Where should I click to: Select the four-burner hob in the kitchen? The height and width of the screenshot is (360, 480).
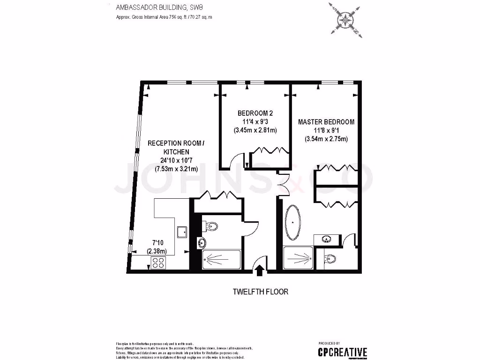157,262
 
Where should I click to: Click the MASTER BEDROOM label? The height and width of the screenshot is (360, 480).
326,122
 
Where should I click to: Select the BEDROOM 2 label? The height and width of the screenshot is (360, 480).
255,113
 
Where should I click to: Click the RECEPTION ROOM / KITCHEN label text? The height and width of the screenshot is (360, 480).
176,148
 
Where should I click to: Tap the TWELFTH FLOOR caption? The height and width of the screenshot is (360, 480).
261,292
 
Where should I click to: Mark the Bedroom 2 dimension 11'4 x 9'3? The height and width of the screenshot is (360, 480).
255,122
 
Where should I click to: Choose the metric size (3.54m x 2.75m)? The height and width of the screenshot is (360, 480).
326,139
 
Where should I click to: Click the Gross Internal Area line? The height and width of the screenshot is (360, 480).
164,17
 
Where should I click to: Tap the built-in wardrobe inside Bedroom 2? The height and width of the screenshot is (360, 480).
269,158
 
